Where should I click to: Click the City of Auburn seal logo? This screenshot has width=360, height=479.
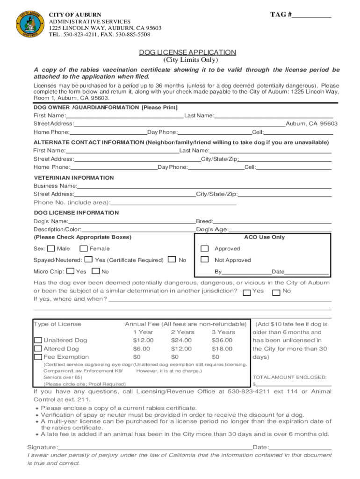coord(30,23)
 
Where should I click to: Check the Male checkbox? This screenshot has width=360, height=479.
coord(51,248)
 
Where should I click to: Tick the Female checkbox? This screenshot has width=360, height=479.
coord(84,248)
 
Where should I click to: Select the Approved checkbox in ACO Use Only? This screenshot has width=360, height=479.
coord(204,248)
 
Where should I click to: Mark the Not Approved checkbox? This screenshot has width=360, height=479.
coord(204,260)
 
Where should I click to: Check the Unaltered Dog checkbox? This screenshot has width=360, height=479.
coord(38,340)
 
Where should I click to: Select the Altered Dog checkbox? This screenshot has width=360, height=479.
coord(38,348)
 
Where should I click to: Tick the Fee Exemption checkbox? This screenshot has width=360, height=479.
coord(38,357)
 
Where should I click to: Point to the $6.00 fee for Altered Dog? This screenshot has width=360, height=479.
coord(142,348)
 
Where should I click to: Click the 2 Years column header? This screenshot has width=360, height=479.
coord(183,332)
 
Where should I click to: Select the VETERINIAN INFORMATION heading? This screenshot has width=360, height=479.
coord(74,178)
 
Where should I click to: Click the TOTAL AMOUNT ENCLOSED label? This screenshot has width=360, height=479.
coord(284,377)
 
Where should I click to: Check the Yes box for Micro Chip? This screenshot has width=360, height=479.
coord(70,271)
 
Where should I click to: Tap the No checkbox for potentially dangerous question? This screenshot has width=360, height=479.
coord(276,292)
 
